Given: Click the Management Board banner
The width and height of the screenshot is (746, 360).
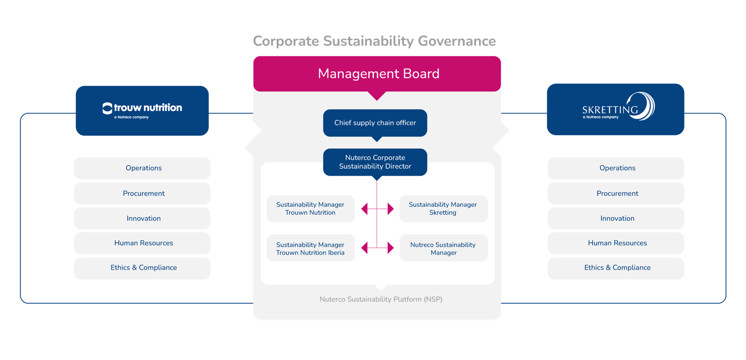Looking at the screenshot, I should coord(377,73).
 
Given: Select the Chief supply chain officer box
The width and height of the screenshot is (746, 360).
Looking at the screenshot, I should coord(375,123).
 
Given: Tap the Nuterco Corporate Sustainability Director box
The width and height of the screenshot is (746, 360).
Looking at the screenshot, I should coord(375,162).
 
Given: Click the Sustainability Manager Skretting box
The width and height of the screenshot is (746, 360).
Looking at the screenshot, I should coord(443,209).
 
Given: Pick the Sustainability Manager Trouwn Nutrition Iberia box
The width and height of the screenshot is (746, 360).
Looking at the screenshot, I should coord(311,248).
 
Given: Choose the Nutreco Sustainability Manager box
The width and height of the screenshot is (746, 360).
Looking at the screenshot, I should coord(443,248).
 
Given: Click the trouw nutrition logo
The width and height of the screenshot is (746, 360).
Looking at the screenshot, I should coord(142,110).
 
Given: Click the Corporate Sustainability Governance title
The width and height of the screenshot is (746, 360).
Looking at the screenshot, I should coord(374,41).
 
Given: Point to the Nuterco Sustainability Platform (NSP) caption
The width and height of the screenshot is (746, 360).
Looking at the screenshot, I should coord(381,299).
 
